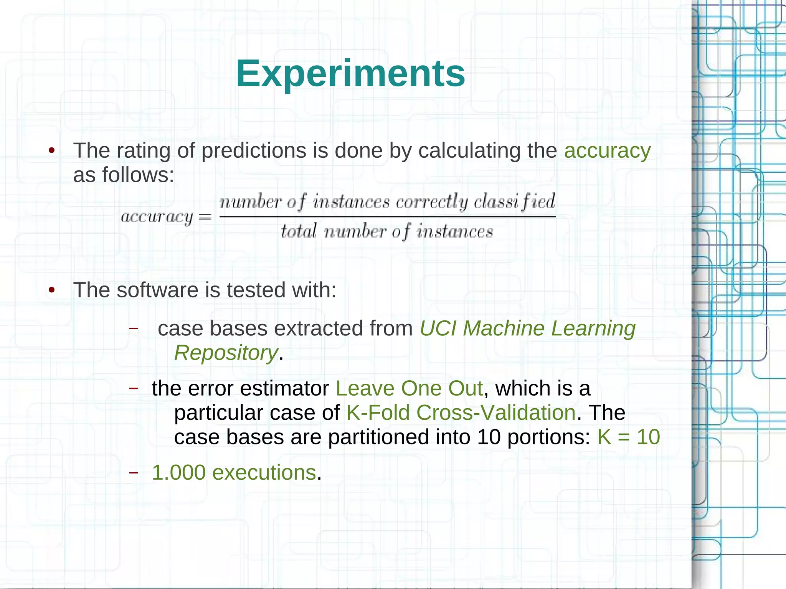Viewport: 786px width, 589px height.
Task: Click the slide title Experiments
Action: click(x=350, y=73)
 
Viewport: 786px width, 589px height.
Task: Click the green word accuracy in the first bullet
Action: click(x=607, y=151)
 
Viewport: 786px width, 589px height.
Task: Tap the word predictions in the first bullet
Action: click(x=254, y=151)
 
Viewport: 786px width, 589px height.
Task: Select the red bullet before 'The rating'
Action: click(x=52, y=150)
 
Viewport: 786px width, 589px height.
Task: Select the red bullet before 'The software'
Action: click(x=52, y=290)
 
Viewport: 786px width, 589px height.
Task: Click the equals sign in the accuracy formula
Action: click(x=205, y=217)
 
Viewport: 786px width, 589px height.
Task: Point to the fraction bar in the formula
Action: click(x=388, y=217)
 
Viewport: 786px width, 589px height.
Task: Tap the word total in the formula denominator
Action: click(x=299, y=231)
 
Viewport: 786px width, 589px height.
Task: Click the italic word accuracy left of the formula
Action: click(x=157, y=217)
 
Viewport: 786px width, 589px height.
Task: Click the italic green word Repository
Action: click(x=226, y=353)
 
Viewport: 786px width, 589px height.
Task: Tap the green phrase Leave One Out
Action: click(x=409, y=389)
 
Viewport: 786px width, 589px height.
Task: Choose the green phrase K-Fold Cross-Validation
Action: click(x=461, y=413)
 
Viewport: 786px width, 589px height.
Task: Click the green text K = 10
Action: click(x=628, y=437)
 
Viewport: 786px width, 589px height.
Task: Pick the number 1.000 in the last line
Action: click(x=179, y=472)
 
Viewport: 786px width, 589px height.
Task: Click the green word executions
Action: click(x=264, y=472)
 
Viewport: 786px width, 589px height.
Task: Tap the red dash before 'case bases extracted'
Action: click(x=133, y=328)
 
